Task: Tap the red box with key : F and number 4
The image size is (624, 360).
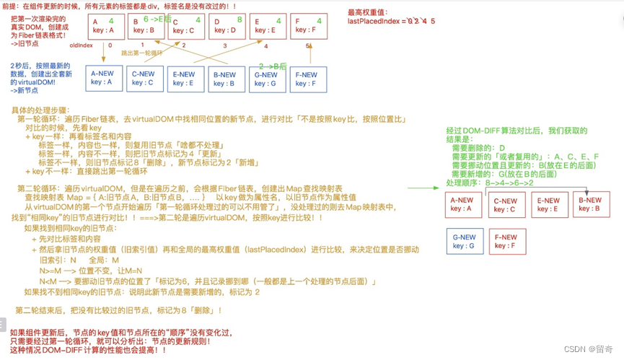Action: point(306,27)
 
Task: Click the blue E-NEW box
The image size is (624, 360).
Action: point(184,79)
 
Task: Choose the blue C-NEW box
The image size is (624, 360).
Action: point(143,79)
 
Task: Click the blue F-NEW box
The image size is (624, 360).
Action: point(305,79)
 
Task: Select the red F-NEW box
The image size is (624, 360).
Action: point(506,241)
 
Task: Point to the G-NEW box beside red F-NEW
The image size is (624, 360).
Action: point(464,241)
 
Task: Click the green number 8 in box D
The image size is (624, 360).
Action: point(239,20)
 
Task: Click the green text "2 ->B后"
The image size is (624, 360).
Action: point(273,66)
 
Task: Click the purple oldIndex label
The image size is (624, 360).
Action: point(82,45)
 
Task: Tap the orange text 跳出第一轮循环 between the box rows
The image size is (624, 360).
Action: point(141,53)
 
